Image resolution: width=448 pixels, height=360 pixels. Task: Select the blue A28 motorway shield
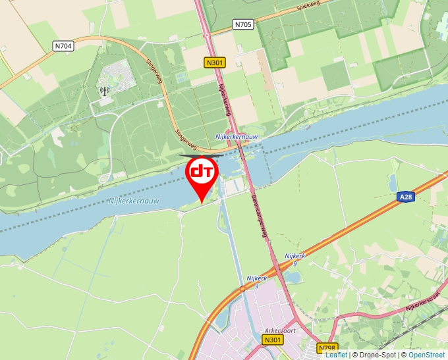pyautogui.click(x=406, y=196)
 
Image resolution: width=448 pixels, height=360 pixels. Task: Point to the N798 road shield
pyautogui.click(x=326, y=347)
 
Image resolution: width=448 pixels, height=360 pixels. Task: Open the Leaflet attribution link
pyautogui.click(x=336, y=355)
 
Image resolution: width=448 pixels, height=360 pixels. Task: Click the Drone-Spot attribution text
pyautogui.click(x=374, y=355)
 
